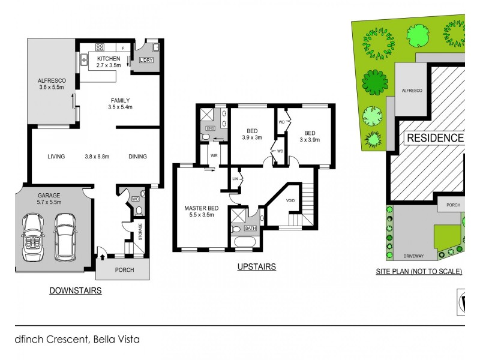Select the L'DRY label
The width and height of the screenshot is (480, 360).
[x=146, y=61]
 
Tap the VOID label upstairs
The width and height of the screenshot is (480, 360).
[x=290, y=200]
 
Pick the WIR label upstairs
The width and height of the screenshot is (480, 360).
[x=213, y=156]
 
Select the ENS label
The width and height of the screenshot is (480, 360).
[x=210, y=128]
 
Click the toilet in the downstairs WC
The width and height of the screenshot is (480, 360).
[x=139, y=210]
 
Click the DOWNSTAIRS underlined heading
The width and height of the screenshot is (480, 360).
[x=75, y=290]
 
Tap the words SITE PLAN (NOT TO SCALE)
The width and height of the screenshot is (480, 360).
[x=419, y=271]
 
